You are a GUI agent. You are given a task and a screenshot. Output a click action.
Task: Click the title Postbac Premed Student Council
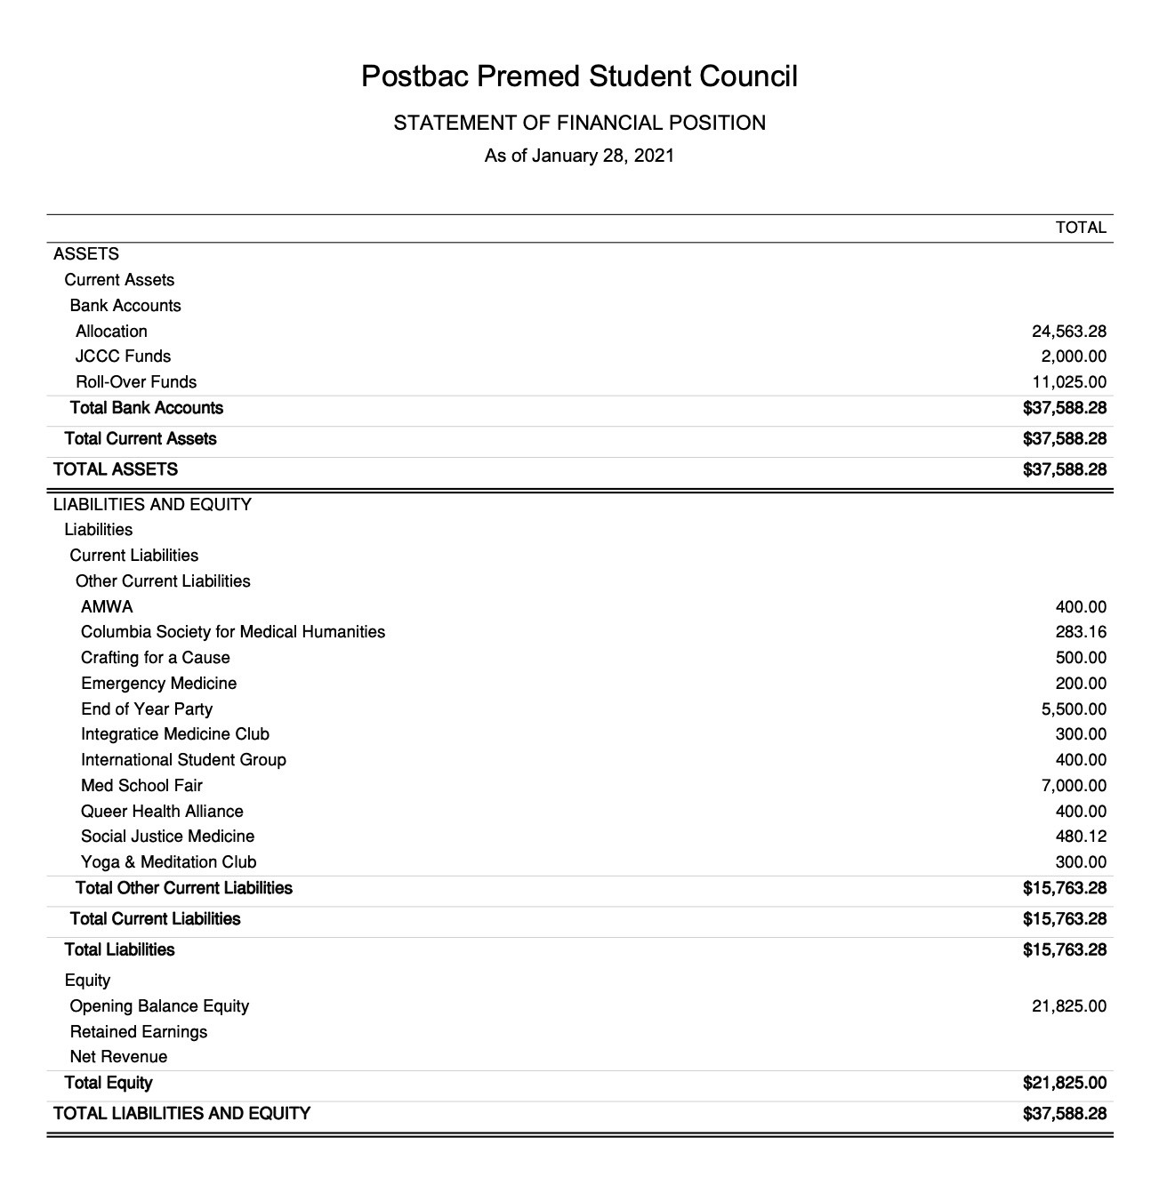(579, 76)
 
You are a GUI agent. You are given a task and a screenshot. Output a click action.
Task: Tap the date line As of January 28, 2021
(579, 156)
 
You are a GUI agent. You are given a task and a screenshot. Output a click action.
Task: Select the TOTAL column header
(1081, 228)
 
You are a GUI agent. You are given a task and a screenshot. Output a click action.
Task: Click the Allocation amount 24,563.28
(1069, 332)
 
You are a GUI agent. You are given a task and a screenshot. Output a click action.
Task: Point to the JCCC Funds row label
(123, 356)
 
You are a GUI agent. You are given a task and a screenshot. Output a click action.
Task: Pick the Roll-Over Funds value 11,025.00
(1069, 382)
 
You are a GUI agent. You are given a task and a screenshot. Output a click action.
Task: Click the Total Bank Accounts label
(147, 408)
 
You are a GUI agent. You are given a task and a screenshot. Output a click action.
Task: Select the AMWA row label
(107, 607)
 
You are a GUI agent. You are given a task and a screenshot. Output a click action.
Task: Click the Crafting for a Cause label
(155, 658)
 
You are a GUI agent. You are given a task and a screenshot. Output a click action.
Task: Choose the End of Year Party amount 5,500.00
(1074, 709)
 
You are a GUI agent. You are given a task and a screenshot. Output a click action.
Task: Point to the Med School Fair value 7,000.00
(1074, 786)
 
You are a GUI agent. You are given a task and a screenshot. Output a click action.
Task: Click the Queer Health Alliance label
(162, 812)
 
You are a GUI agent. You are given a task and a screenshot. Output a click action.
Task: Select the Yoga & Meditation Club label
(168, 862)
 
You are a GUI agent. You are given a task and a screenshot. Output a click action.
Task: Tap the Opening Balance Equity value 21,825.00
(1069, 1006)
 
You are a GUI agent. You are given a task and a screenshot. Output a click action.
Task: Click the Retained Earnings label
(138, 1032)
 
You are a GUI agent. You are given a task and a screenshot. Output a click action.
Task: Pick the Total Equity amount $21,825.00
(1065, 1083)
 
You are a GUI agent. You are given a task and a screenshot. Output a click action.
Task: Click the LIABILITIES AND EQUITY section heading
(152, 505)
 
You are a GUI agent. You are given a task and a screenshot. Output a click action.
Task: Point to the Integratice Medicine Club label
(174, 734)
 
